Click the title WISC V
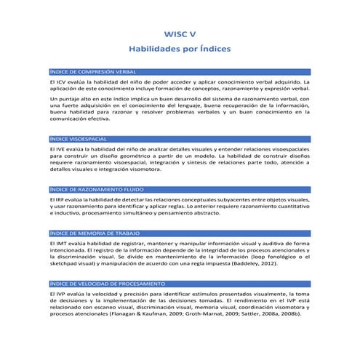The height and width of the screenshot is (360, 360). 180,33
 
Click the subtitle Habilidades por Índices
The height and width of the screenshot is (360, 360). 180,49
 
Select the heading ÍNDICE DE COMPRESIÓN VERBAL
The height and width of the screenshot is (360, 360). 92,73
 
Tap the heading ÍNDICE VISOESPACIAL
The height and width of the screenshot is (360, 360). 79,138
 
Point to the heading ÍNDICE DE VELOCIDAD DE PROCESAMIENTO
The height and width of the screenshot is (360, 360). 107,283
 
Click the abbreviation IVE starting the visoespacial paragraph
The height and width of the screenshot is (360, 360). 63,148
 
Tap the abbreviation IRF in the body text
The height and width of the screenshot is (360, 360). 63,199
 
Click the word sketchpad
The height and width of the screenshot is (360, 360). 66,265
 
